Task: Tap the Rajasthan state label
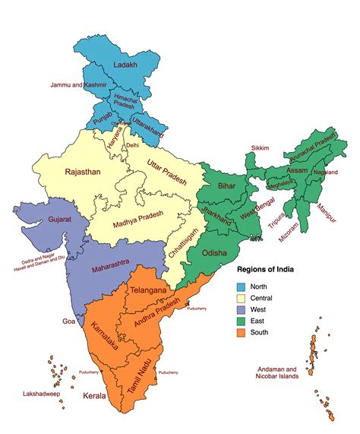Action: [83, 172]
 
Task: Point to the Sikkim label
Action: [259, 149]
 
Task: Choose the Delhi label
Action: [133, 144]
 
